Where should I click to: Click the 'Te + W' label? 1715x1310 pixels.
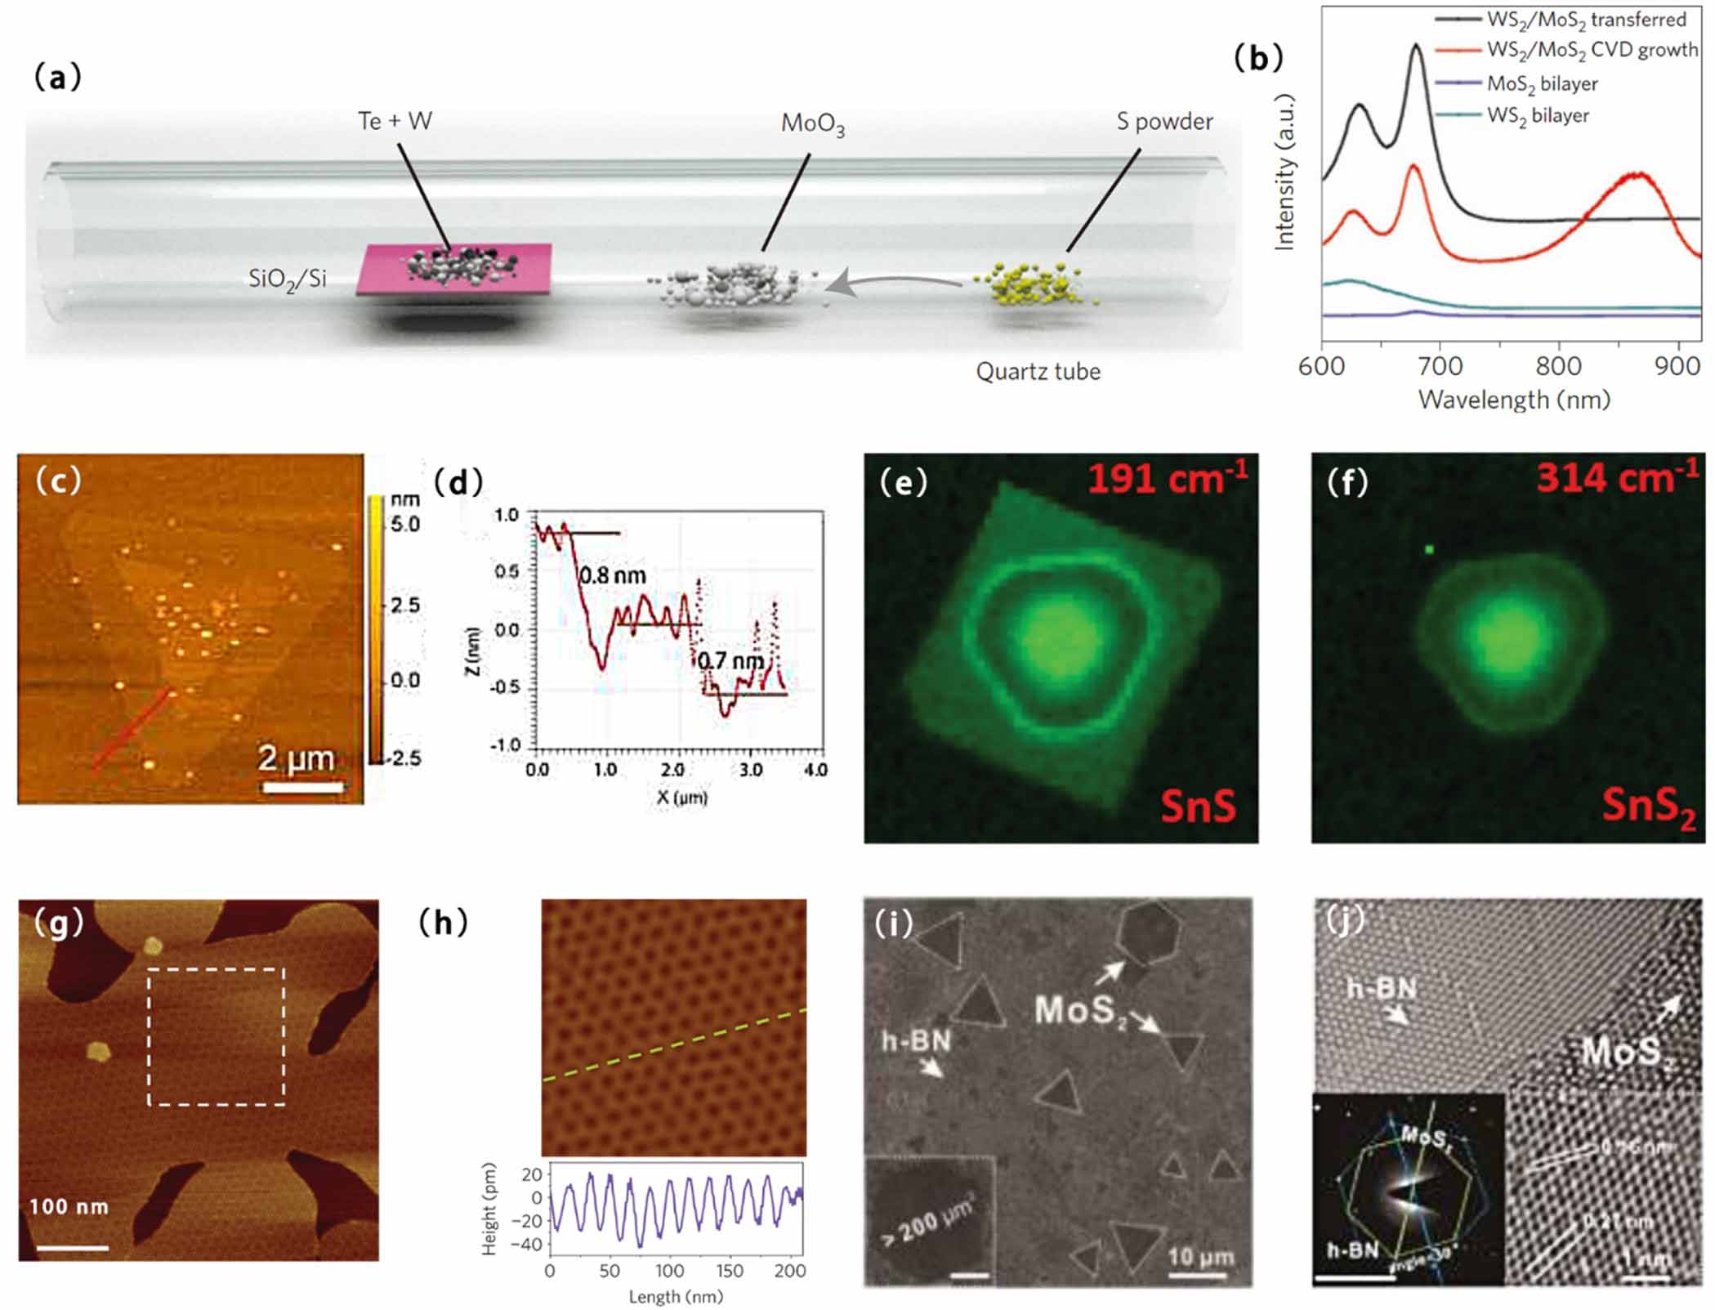pos(395,121)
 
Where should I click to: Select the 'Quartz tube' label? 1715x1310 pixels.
pos(1038,372)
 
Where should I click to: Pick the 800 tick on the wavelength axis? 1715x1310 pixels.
pos(1558,365)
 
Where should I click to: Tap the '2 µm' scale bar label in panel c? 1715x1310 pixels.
pos(296,758)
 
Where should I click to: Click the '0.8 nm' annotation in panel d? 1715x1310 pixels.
pos(612,576)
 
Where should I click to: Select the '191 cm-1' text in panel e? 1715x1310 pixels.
pos(1167,478)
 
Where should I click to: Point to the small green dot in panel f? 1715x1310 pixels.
pos(1429,550)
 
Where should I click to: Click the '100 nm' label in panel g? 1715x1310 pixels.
pos(69,1206)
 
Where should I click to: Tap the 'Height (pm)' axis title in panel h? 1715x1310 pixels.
pos(489,1209)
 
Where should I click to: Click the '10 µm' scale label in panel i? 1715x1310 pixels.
pos(1199,1256)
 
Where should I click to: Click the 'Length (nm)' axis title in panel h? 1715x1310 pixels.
pos(676,1296)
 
